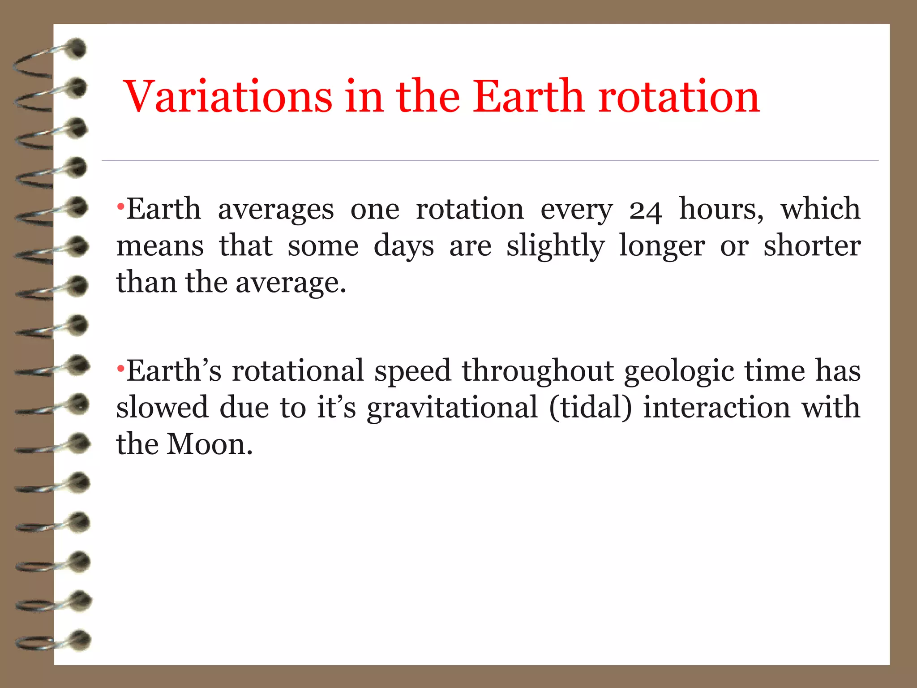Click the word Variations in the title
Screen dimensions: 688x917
pos(227,96)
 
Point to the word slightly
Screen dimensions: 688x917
pos(555,246)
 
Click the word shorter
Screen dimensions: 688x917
pos(812,246)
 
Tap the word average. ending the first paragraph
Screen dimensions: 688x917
pos(291,283)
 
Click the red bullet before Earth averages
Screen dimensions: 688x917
pos(120,207)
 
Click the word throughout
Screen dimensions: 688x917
pos(538,372)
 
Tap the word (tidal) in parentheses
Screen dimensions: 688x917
pos(590,408)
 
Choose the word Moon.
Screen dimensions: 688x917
pos(210,444)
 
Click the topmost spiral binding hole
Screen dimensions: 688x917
pos(77,48)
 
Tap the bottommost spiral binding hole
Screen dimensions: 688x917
pos(81,640)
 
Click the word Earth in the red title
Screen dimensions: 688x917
pos(528,96)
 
